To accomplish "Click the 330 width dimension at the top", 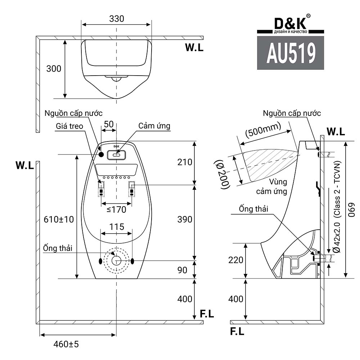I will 117,19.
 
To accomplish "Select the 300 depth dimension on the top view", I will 54,68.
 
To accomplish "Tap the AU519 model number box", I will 291,53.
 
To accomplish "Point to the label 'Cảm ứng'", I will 154,126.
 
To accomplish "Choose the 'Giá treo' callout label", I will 69,126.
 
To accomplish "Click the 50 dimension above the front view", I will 108,124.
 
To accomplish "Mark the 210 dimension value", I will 185,162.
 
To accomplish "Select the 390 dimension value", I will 185,219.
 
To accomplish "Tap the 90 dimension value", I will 183,270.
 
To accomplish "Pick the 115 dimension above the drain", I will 117,227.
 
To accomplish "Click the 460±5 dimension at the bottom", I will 66,344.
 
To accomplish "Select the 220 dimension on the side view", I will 236,260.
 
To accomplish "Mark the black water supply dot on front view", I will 101,154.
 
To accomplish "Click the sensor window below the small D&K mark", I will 116,155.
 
